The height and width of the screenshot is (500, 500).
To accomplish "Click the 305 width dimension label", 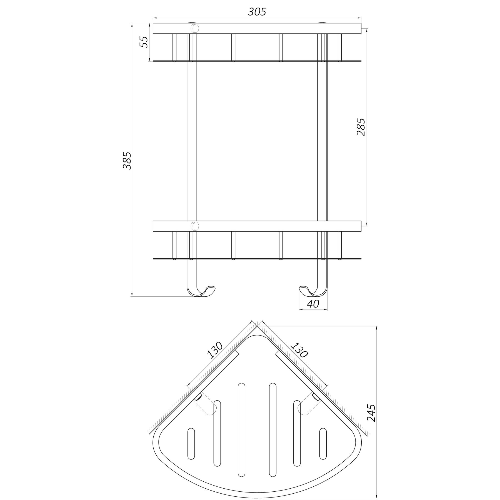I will (257, 12).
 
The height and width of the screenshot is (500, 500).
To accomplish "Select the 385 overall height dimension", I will (127, 161).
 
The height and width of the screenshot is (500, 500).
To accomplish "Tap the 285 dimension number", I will (361, 127).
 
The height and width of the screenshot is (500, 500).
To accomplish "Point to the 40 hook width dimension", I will (313, 304).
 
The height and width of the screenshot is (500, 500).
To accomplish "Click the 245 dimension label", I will (371, 417).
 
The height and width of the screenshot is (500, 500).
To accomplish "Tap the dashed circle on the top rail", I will (194, 28).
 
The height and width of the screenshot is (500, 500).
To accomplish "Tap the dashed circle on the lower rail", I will (194, 226).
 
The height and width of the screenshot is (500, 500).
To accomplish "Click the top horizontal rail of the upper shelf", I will (257, 29).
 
